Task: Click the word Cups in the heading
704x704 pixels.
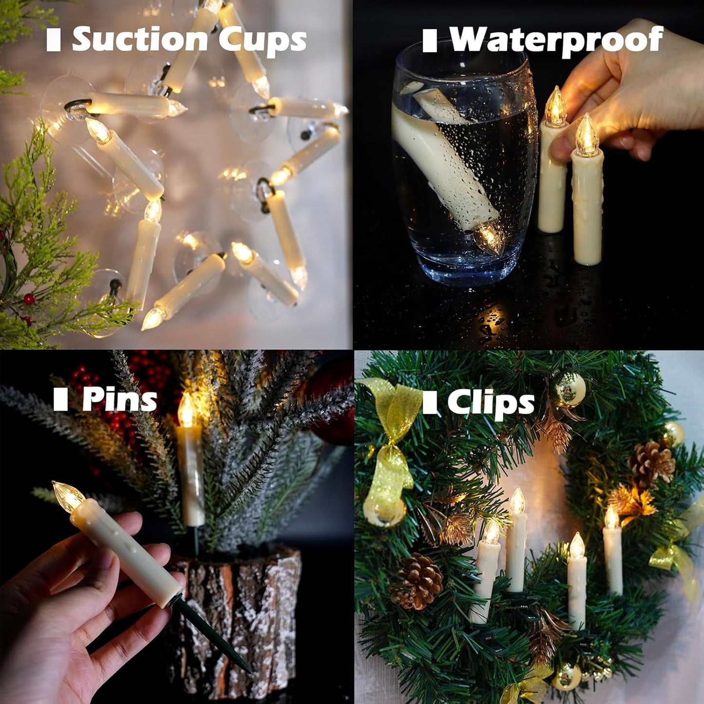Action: tap(262, 40)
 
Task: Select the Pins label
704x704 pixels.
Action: tap(119, 400)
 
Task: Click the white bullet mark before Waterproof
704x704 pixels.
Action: tap(429, 40)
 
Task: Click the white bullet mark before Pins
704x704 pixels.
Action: tap(60, 400)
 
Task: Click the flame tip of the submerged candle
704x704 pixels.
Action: tap(489, 238)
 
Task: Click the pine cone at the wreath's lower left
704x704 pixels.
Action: tap(417, 581)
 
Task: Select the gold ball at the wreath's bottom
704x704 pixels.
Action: tap(566, 677)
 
